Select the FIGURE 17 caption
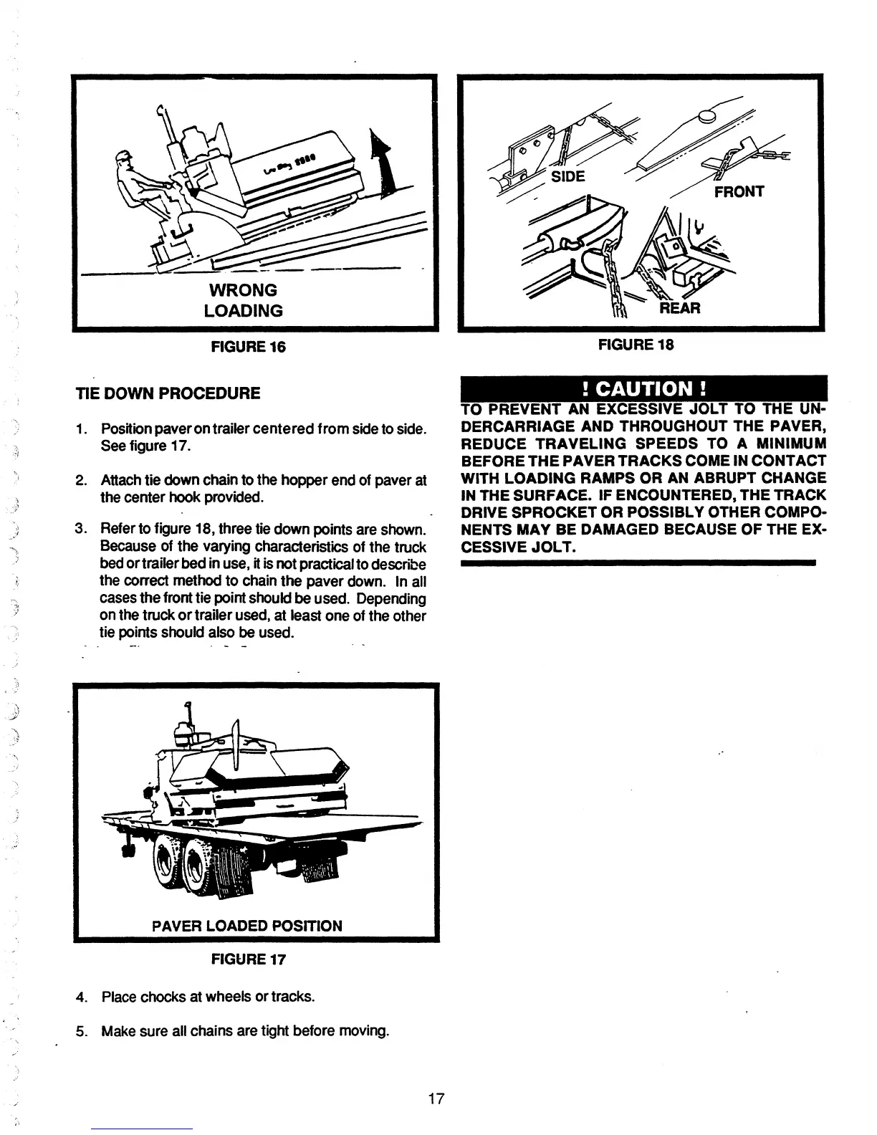tap(247, 959)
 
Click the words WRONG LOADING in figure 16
tap(243, 300)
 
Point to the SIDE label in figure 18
tap(568, 176)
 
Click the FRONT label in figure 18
tap(739, 191)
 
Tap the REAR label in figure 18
tap(680, 308)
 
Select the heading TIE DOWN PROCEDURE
tap(168, 393)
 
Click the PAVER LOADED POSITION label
tap(247, 925)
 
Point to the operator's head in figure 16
tap(124, 159)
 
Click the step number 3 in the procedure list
tap(81, 530)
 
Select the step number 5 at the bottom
tap(81, 1032)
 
